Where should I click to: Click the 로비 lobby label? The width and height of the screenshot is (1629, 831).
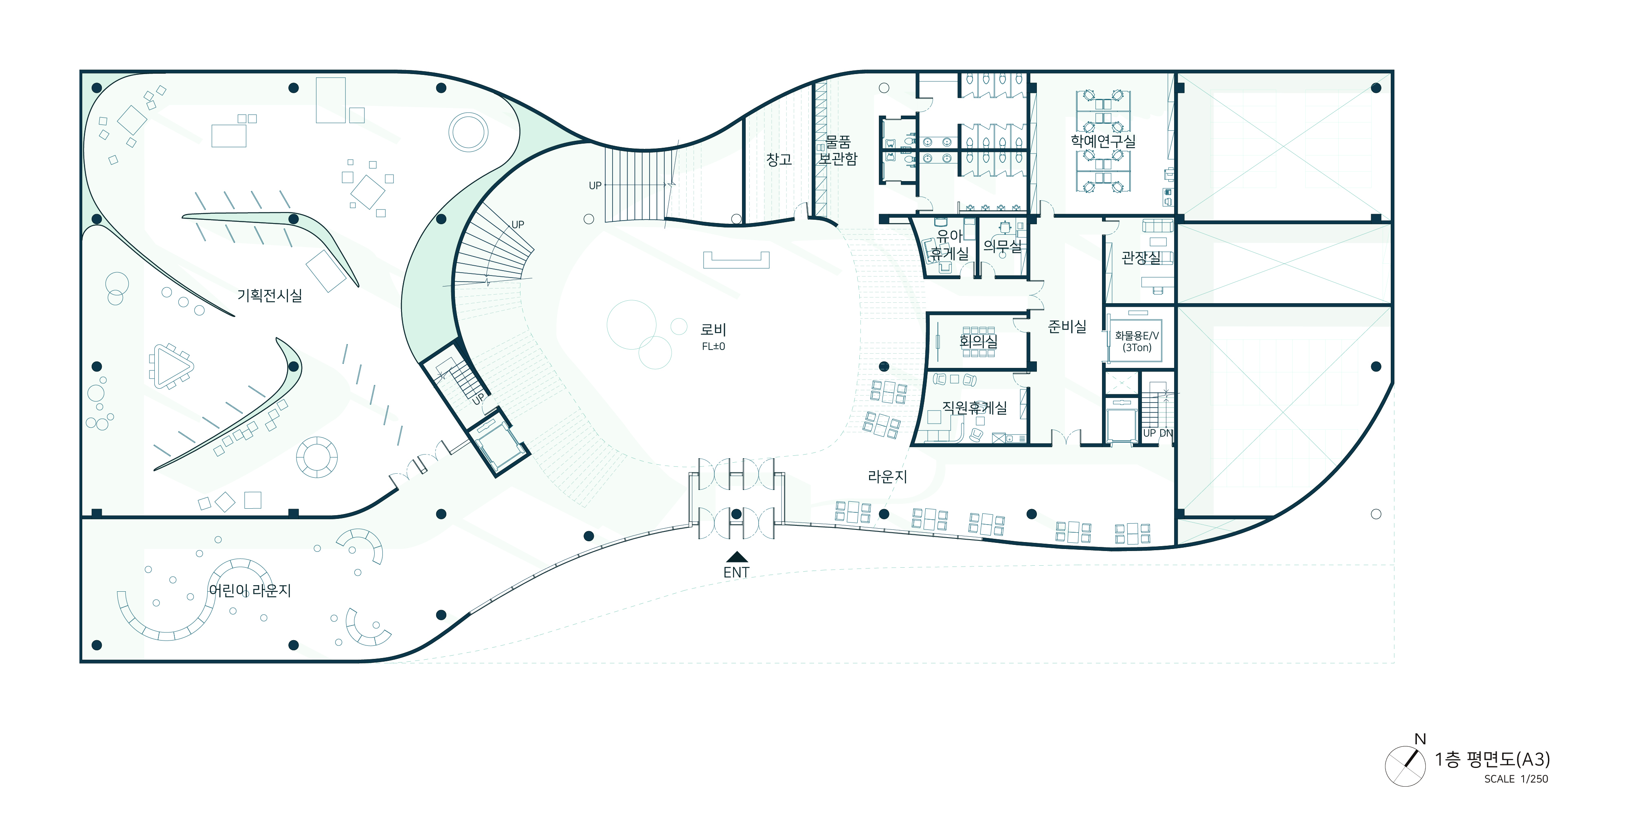pos(714,329)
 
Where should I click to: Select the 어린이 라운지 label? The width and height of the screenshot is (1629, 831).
pos(250,590)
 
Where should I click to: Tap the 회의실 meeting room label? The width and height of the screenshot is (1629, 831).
pos(978,341)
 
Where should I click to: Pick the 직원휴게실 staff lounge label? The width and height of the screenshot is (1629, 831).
pos(975,408)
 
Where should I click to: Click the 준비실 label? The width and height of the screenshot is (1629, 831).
pos(1067,326)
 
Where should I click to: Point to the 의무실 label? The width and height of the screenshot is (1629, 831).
pos(1002,246)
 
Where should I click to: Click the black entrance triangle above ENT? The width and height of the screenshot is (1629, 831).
pos(737,557)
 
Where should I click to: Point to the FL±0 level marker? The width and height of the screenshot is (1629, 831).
pos(714,346)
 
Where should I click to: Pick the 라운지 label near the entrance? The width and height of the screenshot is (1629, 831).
pos(887,477)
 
